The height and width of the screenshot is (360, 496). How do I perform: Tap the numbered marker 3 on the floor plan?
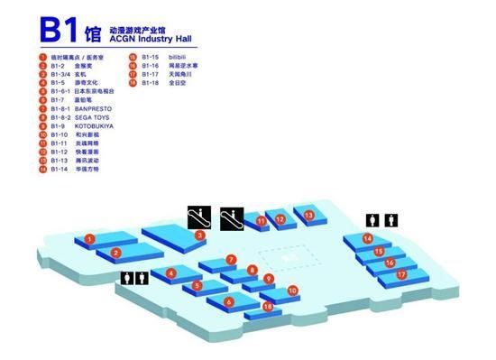tap(199, 236)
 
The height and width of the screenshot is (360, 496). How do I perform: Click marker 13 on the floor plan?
tap(308, 216)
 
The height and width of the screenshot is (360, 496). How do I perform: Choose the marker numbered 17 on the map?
tap(402, 273)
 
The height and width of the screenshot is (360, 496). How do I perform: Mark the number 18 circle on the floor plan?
tap(268, 307)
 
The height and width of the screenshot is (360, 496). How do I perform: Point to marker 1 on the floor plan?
tap(90, 239)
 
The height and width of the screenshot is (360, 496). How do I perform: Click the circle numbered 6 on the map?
tap(229, 302)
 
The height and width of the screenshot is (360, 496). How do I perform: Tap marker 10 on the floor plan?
tap(292, 291)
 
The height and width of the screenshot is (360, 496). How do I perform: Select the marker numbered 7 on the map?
tap(231, 260)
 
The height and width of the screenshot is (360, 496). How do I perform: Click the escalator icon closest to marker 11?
tap(233, 217)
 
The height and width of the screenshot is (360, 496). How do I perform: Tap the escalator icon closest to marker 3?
tap(199, 217)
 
